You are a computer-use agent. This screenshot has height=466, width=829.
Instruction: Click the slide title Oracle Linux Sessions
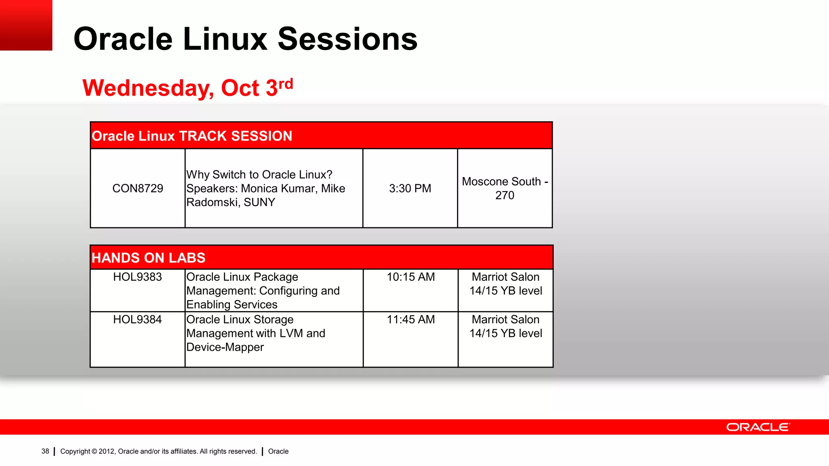pos(245,39)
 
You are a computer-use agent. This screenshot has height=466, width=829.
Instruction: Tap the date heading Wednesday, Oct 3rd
pos(187,88)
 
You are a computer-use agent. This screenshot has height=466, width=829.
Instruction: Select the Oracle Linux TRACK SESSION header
pos(192,136)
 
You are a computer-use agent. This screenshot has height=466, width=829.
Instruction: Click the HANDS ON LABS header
pos(149,258)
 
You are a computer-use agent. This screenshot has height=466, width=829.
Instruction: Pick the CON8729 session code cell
pos(138,189)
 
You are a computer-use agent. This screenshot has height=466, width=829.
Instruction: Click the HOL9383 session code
pos(138,277)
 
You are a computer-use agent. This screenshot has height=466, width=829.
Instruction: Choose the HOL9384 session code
pos(138,320)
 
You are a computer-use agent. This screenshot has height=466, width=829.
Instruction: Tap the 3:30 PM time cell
pos(410,189)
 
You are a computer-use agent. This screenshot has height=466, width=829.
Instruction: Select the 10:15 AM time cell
pos(410,277)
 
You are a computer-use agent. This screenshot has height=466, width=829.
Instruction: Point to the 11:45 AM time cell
pos(410,320)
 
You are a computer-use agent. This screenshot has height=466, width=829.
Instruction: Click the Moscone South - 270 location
pos(505,189)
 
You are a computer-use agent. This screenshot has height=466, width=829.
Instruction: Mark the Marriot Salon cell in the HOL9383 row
pos(506,284)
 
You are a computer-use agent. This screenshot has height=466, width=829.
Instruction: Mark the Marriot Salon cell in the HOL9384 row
pos(506,326)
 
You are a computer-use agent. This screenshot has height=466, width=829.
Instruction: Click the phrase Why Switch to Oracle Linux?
pos(259,175)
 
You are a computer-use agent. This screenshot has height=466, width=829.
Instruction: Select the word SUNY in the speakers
pos(259,202)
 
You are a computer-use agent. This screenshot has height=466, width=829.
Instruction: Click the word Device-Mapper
pos(225,347)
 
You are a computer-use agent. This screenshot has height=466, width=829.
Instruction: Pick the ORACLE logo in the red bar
pos(758,427)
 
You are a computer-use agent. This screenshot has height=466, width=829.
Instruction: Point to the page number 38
pos(45,451)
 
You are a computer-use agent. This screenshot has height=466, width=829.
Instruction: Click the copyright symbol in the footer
pos(94,451)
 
